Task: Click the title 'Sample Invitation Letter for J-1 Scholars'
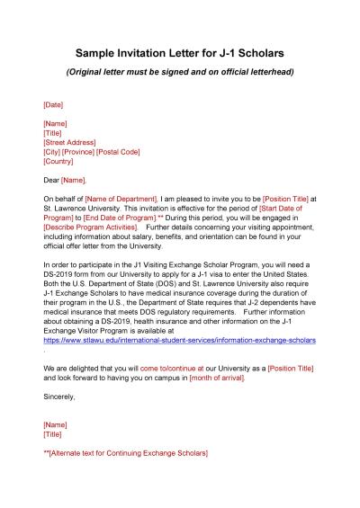[180, 54]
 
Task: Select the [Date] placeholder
[53, 104]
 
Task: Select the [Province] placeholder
[84, 152]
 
